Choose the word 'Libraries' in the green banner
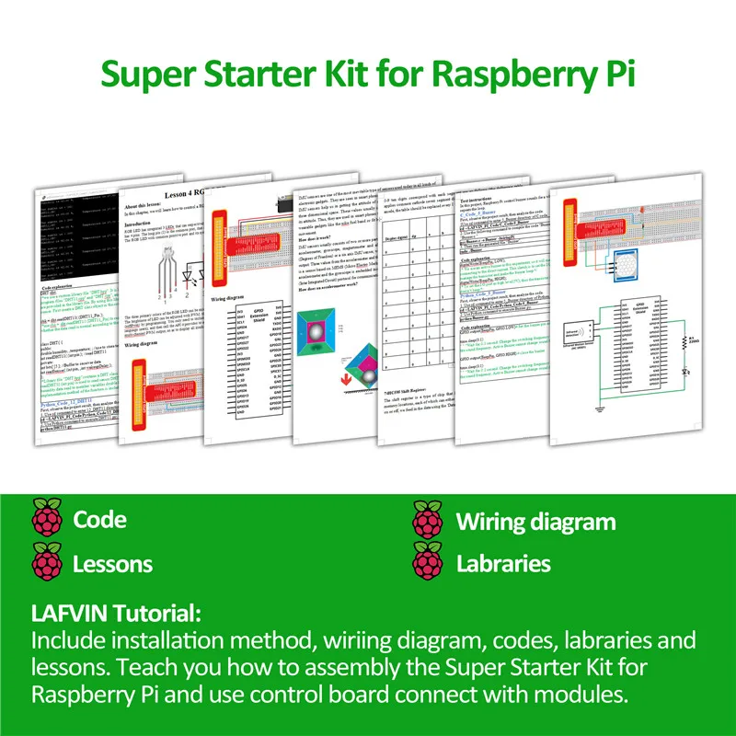point(503,563)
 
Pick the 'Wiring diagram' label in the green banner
point(535,522)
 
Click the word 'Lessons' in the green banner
point(113,563)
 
